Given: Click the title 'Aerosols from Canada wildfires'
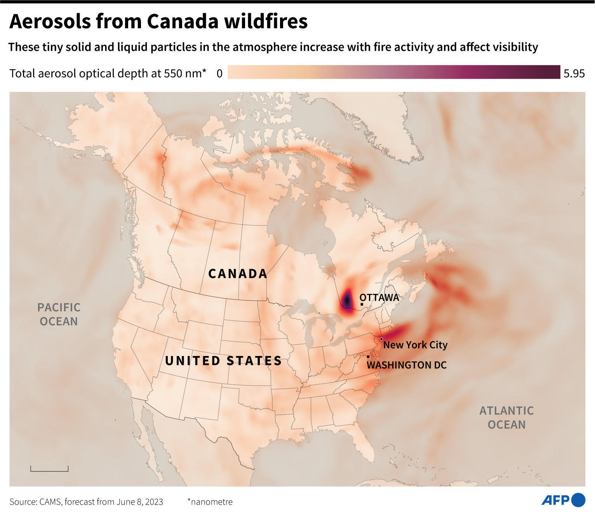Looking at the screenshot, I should coord(158,22).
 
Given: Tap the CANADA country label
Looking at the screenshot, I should coord(238,274).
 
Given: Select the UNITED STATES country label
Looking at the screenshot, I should coord(223,361).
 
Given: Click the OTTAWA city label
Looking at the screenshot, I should coord(379,298).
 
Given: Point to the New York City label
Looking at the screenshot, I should coord(415,345).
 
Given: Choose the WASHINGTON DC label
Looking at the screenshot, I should coord(407,365).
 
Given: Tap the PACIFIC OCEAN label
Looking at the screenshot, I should coord(59,314).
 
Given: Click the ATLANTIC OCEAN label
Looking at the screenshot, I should coord(506,417).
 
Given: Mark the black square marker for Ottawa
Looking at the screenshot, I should coord(362,304).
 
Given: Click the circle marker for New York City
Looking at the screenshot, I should coord(381,339).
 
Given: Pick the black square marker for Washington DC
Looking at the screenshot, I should coord(368,356).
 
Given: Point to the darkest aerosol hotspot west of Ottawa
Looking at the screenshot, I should coord(346,299).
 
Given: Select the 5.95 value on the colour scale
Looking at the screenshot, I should coord(574,73).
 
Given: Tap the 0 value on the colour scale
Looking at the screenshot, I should coord(219,73).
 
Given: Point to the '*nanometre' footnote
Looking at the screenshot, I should coord(210,502).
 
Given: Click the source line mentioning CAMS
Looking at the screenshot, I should coord(86,502).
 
